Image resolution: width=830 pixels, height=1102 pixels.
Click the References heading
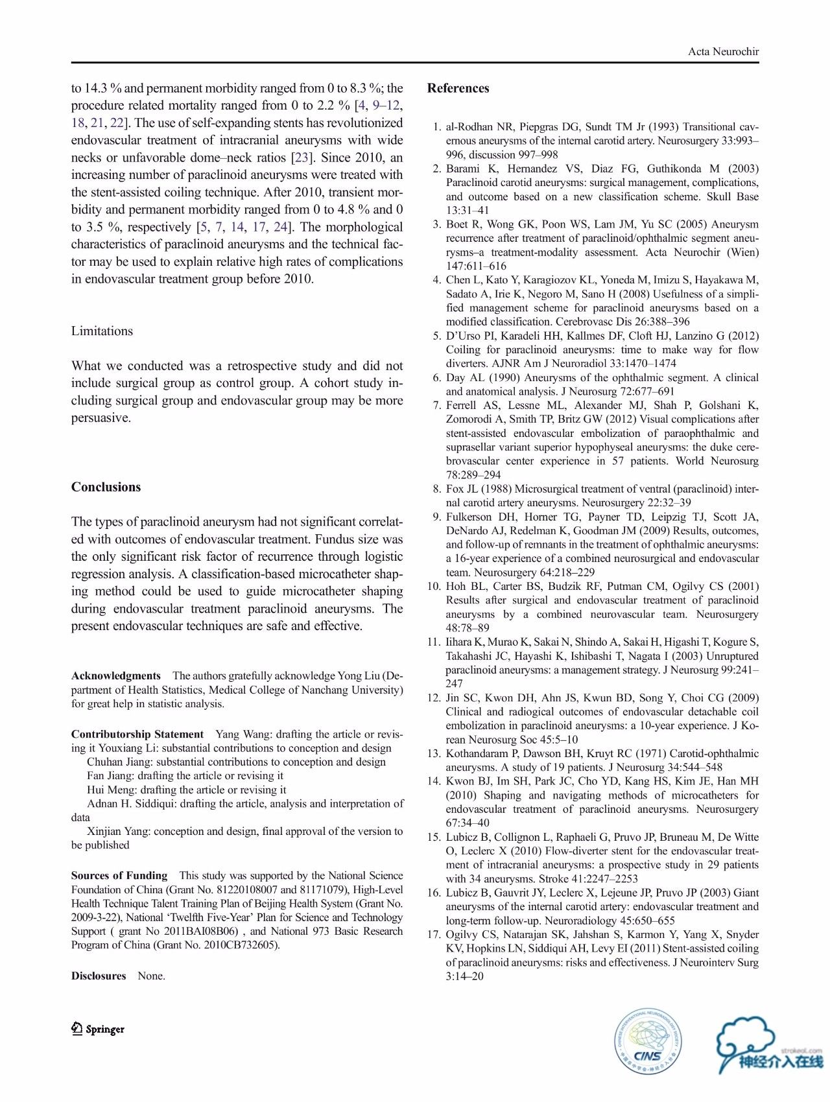tap(458, 88)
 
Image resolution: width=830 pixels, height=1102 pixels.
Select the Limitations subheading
tap(102, 331)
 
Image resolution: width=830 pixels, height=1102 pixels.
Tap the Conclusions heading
tap(106, 487)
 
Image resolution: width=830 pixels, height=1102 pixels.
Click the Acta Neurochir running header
tap(723, 52)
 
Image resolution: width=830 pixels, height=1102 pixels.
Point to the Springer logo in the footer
tap(98, 1029)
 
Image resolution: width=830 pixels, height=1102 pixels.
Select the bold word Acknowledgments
tap(116, 675)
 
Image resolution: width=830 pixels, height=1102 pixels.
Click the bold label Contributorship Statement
tap(137, 734)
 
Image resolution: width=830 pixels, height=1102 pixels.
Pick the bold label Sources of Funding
tap(119, 875)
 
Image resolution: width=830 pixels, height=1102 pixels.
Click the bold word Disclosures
tap(99, 976)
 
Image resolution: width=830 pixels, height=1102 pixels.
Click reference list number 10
tap(434, 586)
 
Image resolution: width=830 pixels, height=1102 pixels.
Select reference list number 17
tap(434, 934)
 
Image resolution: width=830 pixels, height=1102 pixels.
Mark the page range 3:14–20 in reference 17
tap(464, 976)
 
